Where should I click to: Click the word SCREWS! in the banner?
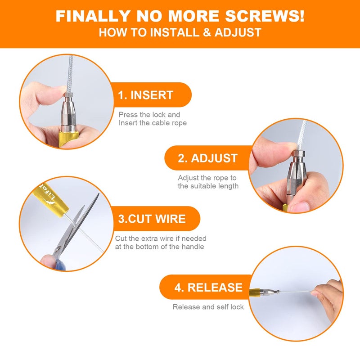(x=265, y=16)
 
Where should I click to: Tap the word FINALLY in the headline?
(x=93, y=16)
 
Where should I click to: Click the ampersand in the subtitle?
(x=207, y=32)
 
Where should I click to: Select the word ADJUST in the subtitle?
(x=238, y=32)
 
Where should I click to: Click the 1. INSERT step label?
(x=145, y=95)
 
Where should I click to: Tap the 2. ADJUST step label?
(x=207, y=158)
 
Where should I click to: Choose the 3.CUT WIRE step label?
(x=152, y=219)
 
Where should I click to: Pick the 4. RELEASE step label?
(x=208, y=287)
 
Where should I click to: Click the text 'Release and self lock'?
(x=208, y=307)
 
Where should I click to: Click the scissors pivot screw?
(x=58, y=248)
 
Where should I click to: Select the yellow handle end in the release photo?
(x=255, y=292)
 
